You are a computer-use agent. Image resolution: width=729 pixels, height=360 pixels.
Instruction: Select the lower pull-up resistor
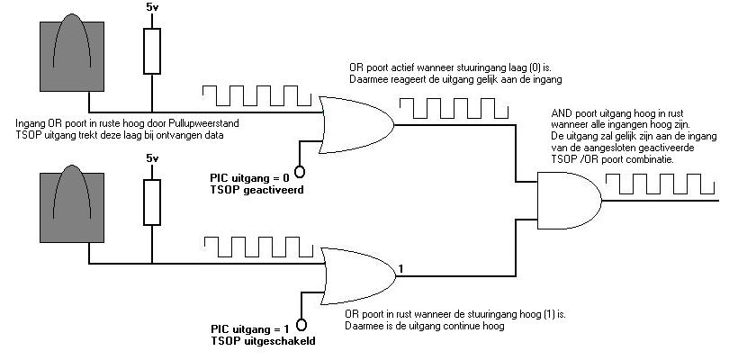coord(152,202)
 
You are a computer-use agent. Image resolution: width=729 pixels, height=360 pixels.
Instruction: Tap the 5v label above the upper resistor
coord(152,8)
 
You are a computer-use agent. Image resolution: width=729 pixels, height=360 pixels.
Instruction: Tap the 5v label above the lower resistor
coord(152,159)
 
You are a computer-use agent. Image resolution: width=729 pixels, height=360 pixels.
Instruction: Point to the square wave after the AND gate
coord(661,185)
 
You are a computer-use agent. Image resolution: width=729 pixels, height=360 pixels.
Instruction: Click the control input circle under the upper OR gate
coord(300,170)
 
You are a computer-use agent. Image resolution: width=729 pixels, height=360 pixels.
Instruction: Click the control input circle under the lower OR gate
coord(301,324)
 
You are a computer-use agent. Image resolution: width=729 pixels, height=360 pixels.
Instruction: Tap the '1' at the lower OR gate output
coord(401,267)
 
